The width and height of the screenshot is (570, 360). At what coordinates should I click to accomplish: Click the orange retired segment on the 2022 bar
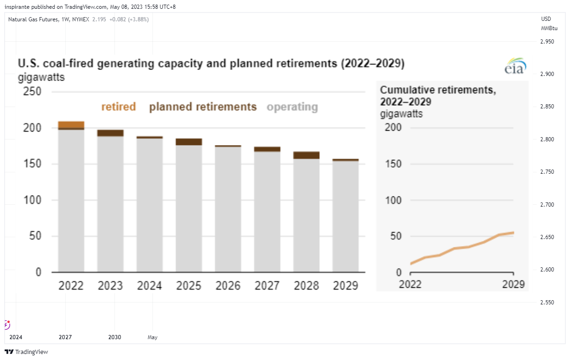[71, 125]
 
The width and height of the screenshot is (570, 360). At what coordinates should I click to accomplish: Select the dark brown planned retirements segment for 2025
[189, 142]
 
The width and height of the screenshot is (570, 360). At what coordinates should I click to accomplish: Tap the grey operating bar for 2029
[345, 216]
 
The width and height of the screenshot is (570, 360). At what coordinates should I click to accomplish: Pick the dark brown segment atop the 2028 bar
[306, 155]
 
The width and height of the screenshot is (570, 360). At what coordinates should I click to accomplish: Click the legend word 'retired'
[119, 107]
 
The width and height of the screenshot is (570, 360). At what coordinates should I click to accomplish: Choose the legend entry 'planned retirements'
[203, 107]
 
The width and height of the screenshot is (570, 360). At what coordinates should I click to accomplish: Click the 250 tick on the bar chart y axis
[32, 91]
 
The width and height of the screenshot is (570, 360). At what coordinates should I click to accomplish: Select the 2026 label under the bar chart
[228, 285]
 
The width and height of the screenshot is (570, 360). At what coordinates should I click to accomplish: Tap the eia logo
[515, 66]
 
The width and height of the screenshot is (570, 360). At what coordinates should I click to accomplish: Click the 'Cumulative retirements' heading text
[438, 90]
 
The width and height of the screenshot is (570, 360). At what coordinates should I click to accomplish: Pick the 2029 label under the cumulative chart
[513, 284]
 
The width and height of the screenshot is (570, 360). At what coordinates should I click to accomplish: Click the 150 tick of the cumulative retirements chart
[393, 164]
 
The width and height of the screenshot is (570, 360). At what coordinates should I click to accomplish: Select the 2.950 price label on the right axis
[547, 42]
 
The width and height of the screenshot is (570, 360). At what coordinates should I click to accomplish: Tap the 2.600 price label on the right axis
[547, 270]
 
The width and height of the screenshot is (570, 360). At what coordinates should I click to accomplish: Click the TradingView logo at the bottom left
[26, 352]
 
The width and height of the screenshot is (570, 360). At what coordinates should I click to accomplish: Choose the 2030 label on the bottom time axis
[114, 337]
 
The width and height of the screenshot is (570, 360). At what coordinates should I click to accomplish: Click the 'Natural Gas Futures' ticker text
[33, 19]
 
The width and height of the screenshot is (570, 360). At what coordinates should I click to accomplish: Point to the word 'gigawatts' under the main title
[41, 77]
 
